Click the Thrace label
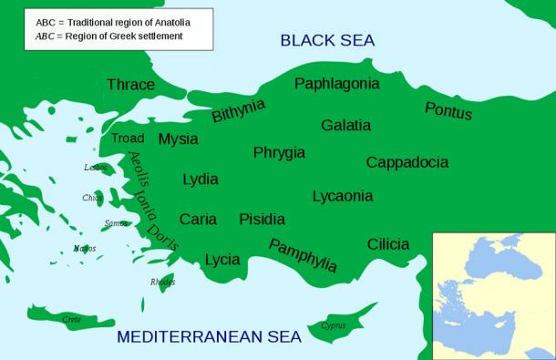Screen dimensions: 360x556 130,85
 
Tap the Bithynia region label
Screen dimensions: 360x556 238,110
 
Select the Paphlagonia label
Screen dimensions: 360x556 336,84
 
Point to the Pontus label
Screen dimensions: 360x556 448,110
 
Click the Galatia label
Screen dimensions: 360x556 345,125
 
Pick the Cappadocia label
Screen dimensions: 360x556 407,162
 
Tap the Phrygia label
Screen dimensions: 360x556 279,152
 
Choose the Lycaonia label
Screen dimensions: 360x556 342,196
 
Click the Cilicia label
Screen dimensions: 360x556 388,244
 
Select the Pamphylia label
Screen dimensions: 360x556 303,255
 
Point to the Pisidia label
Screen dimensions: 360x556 262,219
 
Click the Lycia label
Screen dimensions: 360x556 222,259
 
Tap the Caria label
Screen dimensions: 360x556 198,219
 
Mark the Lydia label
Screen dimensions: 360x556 201,180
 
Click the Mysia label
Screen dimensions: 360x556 178,139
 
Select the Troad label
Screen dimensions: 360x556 128,139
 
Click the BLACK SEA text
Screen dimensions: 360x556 327,40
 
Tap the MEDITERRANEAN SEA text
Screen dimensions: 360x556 209,337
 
